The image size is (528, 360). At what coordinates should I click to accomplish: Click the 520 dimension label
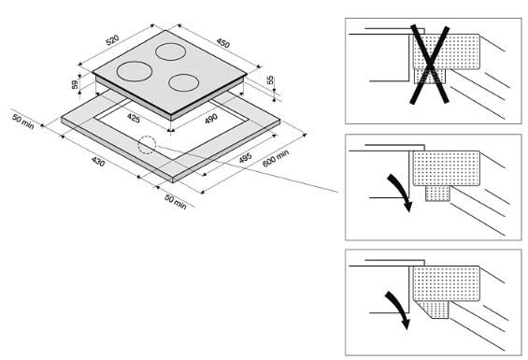point(113,40)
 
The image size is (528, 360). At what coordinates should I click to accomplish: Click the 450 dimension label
point(223,43)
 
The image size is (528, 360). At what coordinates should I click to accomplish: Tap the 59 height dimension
point(75,84)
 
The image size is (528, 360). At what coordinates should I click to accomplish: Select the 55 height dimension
point(270,80)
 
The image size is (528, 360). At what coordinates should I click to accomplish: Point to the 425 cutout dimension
point(134,119)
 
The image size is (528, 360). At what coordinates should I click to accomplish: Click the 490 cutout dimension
point(211,119)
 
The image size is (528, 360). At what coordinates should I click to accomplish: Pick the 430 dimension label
point(98,162)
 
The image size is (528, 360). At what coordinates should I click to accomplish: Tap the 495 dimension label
point(245,158)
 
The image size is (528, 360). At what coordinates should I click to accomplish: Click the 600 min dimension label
point(276,158)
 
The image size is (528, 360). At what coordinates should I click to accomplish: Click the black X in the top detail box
point(430,65)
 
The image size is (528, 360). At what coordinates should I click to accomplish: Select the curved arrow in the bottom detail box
point(399,307)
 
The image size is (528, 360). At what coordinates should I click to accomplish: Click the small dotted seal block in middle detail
point(437,194)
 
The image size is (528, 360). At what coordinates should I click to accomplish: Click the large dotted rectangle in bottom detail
point(446,283)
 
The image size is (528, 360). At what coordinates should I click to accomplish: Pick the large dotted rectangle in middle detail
point(446,168)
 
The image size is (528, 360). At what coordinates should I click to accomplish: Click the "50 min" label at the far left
point(23,122)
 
